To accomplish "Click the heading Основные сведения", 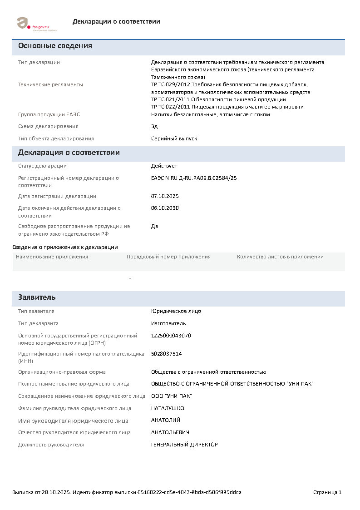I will [55, 46].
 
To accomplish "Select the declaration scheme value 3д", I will [154, 126].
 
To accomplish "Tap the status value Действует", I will [164, 166].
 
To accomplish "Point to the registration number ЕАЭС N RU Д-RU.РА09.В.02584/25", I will [194, 178].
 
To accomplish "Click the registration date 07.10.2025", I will [165, 196].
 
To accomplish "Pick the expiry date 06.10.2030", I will [165, 208].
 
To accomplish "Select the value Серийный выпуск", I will [174, 139].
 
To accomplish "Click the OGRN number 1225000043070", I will [171, 336].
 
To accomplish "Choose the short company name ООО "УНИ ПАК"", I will [171, 396].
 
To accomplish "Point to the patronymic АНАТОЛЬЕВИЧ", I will [170, 432].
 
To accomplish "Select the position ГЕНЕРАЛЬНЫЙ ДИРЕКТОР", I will [184, 445].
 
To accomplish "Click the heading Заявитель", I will [37, 297].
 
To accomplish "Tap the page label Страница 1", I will [327, 492].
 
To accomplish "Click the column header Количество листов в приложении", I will [280, 257].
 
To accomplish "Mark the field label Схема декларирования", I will [48, 126].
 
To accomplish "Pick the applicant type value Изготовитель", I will [168, 323].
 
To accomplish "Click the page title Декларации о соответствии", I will [116, 22].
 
